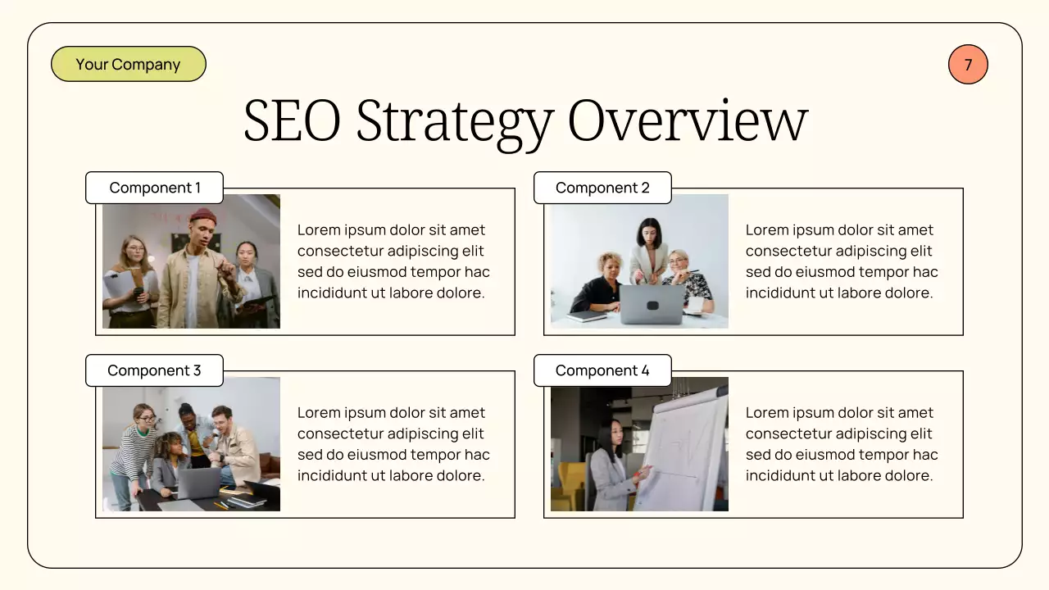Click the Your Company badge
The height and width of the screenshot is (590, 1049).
[x=128, y=65]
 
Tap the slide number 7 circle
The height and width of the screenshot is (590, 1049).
[x=968, y=65]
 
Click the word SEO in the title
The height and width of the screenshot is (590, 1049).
[x=292, y=121]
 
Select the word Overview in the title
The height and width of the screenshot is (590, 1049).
[x=688, y=121]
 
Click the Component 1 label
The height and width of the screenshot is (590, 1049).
[x=155, y=188]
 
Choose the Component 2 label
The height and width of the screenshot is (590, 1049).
[x=602, y=188]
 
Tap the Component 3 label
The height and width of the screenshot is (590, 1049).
[x=154, y=370]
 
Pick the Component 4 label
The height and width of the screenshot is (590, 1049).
[x=602, y=370]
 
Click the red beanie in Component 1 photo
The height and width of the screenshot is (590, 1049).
[x=203, y=216]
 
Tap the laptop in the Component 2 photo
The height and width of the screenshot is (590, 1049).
[x=652, y=304]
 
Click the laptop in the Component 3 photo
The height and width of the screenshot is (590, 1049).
[x=199, y=483]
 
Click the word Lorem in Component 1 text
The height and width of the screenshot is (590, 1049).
[x=318, y=230]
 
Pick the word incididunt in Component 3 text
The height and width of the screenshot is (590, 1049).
[x=332, y=475]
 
